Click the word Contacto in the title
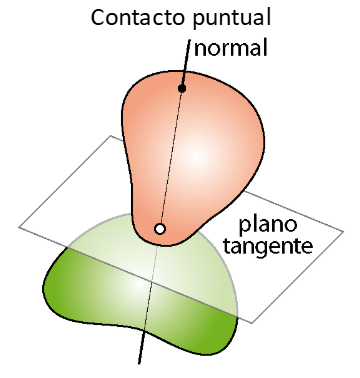tap(138, 17)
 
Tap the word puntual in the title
tap(232, 19)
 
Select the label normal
tap(231, 48)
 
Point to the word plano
tap(268, 226)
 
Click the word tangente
tap(268, 247)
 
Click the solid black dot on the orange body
tap(182, 88)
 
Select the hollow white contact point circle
tap(160, 229)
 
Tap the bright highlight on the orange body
tap(197, 156)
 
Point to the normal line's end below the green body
tap(139, 363)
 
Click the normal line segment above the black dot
tap(186, 62)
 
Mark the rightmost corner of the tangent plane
tap(343, 231)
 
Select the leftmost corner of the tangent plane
tap(19, 227)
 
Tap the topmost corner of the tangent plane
tap(111, 135)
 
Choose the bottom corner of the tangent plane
tap(252, 323)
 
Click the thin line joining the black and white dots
tap(171, 158)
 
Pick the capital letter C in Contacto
tap(98, 18)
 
